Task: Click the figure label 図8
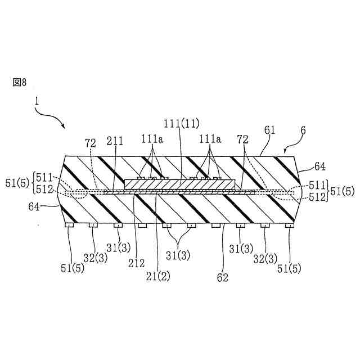pos(20,82)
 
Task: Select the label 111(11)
pos(182,123)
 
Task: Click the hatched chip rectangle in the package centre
pos(178,183)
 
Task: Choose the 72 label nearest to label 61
pos(242,138)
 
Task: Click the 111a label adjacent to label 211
pos(151,138)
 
